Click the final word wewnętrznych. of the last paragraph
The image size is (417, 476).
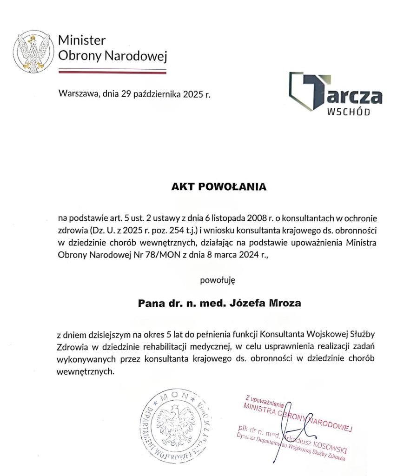pos(85,372)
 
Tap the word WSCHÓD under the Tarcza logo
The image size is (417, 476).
pos(349,112)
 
